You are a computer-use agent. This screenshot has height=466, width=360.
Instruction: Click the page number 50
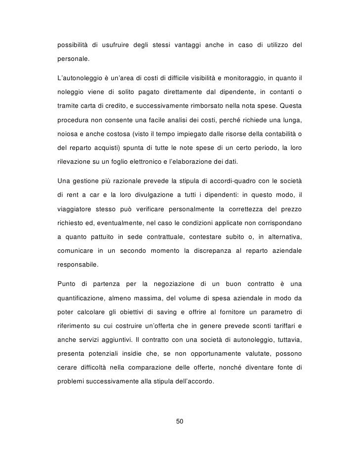[x=180, y=421]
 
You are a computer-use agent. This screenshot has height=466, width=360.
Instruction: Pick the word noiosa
[x=68, y=135]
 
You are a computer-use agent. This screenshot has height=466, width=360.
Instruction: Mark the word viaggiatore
[x=76, y=207]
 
